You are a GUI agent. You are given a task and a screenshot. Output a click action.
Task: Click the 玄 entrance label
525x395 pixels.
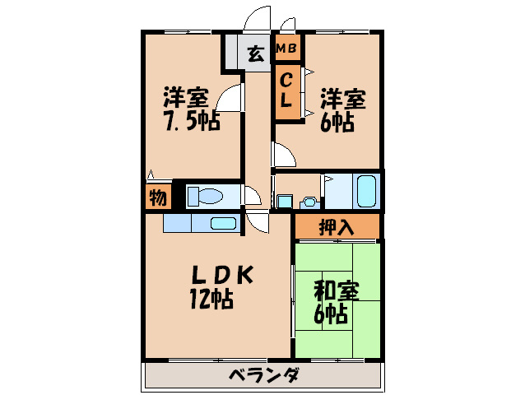click(256, 53)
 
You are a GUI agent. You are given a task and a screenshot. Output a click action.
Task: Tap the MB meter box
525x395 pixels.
click(287, 48)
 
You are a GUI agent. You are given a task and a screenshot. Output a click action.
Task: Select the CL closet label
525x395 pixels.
click(286, 91)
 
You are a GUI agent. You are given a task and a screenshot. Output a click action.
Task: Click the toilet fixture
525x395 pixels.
click(205, 196)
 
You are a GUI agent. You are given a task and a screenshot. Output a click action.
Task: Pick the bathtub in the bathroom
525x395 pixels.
click(366, 191)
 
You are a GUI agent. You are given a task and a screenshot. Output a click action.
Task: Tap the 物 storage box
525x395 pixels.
click(158, 197)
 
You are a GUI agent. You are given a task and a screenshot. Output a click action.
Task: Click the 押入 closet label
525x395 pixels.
click(337, 227)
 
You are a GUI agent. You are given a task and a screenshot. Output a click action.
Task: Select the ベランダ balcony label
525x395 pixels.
click(264, 374)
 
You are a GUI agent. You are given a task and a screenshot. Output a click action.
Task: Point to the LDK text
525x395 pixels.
click(222, 276)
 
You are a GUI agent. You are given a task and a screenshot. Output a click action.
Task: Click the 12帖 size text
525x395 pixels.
click(211, 299)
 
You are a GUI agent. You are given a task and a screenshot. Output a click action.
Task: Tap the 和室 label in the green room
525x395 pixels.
click(337, 290)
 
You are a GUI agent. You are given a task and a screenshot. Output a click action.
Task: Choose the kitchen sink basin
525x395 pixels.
click(223, 223)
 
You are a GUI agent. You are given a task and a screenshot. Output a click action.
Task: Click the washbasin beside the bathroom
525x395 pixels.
click(309, 203)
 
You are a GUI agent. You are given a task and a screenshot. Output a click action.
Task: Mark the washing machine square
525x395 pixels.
click(285, 202)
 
